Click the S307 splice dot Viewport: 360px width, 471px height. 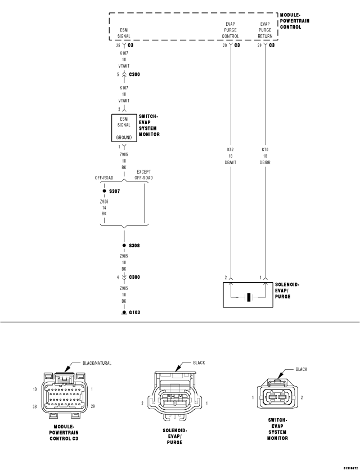pyautogui.click(x=104, y=191)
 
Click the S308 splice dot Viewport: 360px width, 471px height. pyautogui.click(x=124, y=246)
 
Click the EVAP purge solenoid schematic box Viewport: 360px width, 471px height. pyautogui.click(x=247, y=295)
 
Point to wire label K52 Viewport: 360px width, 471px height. pyautogui.click(x=230, y=150)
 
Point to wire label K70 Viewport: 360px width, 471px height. pyautogui.click(x=265, y=150)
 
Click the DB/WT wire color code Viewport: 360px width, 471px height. pyautogui.click(x=230, y=162)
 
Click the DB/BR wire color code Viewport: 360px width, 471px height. pyautogui.click(x=265, y=162)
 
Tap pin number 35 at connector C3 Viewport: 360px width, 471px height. pyautogui.click(x=118, y=45)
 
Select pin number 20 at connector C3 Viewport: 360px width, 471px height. pyautogui.click(x=224, y=45)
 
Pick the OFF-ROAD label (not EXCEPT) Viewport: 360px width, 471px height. pyautogui.click(x=104, y=178)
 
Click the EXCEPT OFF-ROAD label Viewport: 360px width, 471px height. pyautogui.click(x=143, y=175)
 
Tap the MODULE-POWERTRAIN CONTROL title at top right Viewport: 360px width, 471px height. pyautogui.click(x=295, y=21)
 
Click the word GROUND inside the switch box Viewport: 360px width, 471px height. pyautogui.click(x=124, y=137)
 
